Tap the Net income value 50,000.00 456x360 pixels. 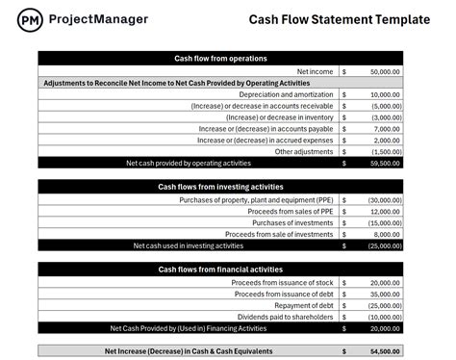click(x=386, y=72)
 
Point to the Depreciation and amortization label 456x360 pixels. click(x=285, y=95)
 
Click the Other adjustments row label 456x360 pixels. click(x=304, y=151)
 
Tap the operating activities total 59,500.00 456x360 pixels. click(x=387, y=163)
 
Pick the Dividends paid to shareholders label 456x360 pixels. click(x=286, y=317)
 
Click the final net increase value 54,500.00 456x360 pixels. click(x=387, y=351)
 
